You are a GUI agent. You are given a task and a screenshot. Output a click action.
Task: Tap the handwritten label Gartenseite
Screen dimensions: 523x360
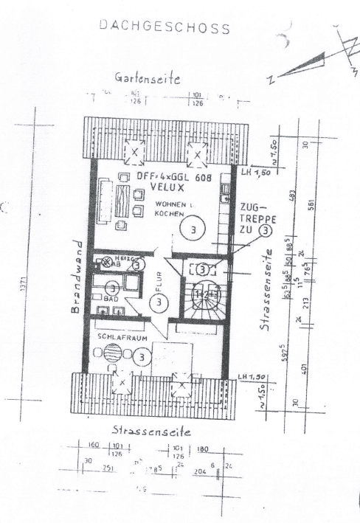148,78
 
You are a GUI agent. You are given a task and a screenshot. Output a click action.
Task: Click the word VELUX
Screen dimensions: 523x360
167,188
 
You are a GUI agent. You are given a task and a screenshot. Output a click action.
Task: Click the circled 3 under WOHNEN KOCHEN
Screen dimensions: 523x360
193,229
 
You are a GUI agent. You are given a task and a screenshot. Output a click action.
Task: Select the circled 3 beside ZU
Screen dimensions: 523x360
264,230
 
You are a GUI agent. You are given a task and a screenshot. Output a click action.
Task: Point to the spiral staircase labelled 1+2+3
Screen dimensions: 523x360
202,294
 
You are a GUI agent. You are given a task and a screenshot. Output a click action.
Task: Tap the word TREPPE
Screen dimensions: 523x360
255,219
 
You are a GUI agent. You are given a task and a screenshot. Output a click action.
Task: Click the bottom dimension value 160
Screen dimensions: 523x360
93,447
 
